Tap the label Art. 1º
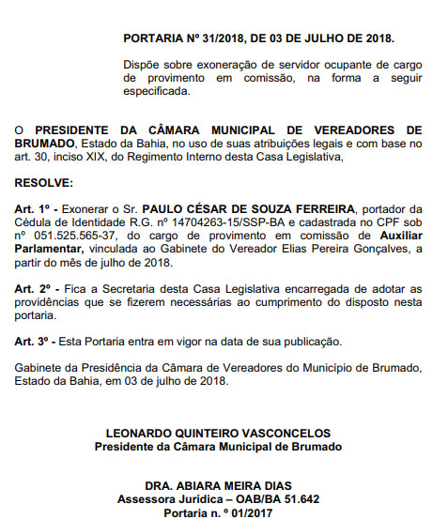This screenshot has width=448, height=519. coord(34,207)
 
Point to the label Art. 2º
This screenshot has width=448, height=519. coord(34,292)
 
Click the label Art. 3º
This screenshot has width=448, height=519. coord(34,341)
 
